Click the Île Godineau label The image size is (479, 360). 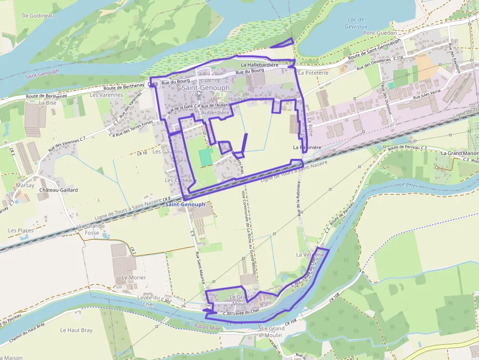coord(38,16)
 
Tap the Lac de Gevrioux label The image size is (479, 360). coord(356,22)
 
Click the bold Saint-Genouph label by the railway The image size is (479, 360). coord(185,204)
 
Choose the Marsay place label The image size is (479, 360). coord(24,185)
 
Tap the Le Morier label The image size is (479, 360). coord(133,277)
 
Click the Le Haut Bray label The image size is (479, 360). coord(76,330)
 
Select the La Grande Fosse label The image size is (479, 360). coord(91,229)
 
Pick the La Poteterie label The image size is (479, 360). coord(313,72)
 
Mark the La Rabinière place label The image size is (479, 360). coord(307,147)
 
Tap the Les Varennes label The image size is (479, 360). coord(107,95)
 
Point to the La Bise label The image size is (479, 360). coord(48,103)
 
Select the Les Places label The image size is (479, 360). coord(21,230)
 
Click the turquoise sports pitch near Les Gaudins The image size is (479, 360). coord(205,157)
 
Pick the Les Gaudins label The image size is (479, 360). coord(168,151)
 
